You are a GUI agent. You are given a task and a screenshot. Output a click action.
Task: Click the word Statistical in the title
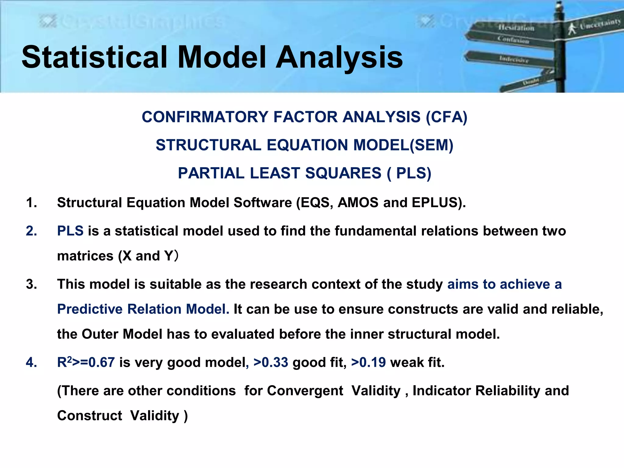94,57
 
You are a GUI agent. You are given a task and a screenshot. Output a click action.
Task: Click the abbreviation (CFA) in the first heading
446,117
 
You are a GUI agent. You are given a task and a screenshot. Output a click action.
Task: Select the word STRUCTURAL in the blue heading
208,145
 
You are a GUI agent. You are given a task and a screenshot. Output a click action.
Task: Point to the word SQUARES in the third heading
343,173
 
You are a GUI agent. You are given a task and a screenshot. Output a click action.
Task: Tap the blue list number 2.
31,231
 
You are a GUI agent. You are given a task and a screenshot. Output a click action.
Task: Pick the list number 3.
31,284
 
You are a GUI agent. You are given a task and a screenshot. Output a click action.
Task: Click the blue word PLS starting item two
70,231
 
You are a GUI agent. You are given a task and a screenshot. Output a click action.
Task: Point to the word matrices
85,256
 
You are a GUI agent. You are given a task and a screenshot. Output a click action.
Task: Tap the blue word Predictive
90,309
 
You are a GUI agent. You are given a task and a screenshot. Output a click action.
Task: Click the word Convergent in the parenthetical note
305,391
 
